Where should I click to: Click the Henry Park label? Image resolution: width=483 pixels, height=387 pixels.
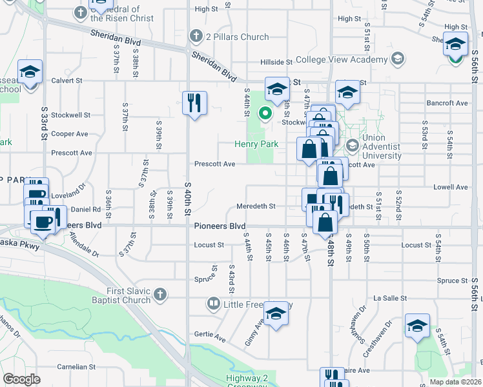coord(256,144)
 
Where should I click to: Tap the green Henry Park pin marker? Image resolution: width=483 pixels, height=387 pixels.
coord(264,114)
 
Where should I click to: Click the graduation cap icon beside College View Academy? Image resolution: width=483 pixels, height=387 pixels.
coord(398,59)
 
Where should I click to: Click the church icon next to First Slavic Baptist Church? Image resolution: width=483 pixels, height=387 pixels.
coord(160,295)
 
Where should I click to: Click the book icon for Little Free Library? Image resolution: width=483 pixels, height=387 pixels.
coord(212,303)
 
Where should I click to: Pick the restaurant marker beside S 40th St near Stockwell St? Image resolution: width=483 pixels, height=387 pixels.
coord(194,103)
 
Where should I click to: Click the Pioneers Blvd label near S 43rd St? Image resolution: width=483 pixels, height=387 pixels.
coord(220,226)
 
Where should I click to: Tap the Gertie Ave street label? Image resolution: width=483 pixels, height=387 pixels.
coord(209,337)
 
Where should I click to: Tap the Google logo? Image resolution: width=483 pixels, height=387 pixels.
coord(22,379)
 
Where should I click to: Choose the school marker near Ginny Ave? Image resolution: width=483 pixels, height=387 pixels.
coord(276,314)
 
